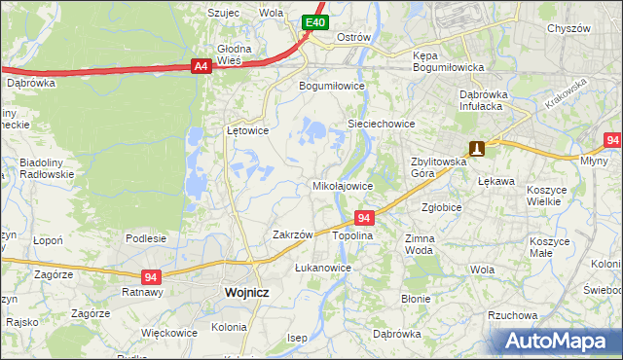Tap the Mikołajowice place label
342,185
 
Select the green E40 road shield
313,21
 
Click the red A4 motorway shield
201,66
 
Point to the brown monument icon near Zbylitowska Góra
477,149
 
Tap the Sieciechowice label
382,125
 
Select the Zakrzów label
292,234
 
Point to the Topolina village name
353,236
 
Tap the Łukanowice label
322,267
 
